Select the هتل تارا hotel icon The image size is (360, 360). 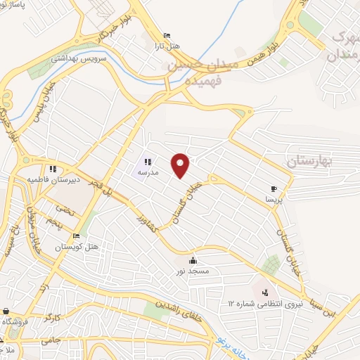[x=166, y=36]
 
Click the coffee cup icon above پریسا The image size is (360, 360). [x=274, y=188]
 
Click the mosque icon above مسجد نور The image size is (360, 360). [x=193, y=261]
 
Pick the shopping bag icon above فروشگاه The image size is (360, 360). [x=6, y=311]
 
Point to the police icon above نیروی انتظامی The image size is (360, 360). [x=266, y=292]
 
